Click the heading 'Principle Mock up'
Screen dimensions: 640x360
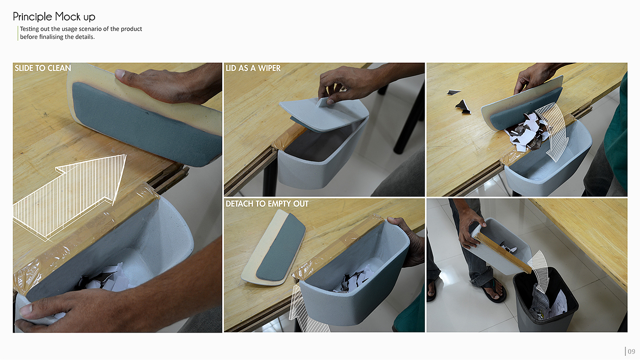[x=54, y=17]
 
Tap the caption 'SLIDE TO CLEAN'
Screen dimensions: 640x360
[x=43, y=68]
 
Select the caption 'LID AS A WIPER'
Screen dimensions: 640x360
[x=253, y=68]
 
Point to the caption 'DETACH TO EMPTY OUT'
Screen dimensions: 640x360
[x=267, y=204]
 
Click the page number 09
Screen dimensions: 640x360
[x=631, y=351]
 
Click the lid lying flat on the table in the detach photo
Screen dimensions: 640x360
[x=273, y=248]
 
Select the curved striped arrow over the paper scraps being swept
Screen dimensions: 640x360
[x=553, y=131]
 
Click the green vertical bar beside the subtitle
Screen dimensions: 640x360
[x=18, y=33]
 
